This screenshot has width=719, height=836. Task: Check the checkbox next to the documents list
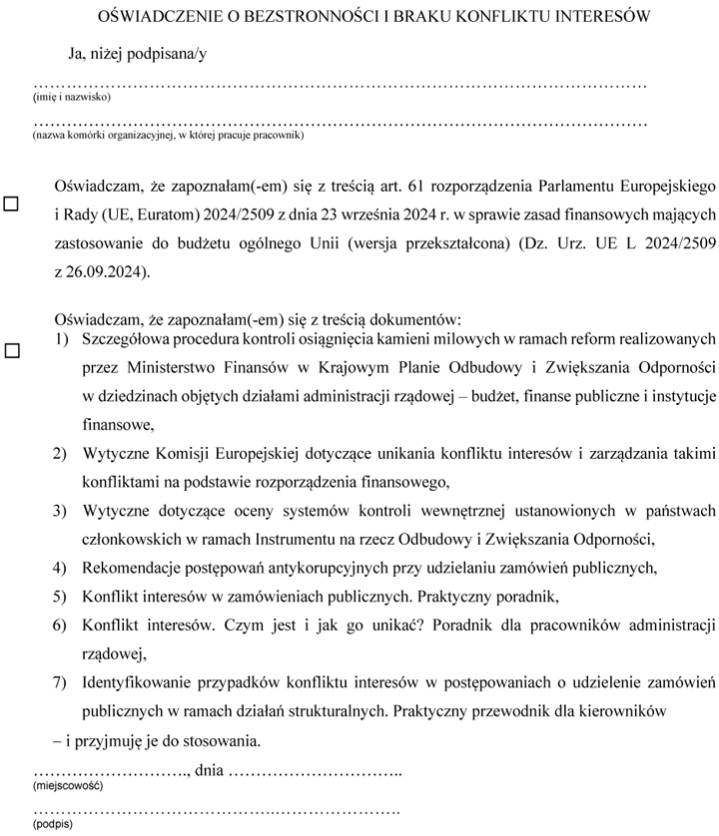[12, 351]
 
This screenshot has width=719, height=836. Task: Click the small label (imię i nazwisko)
[71, 98]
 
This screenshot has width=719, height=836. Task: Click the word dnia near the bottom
[211, 770]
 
